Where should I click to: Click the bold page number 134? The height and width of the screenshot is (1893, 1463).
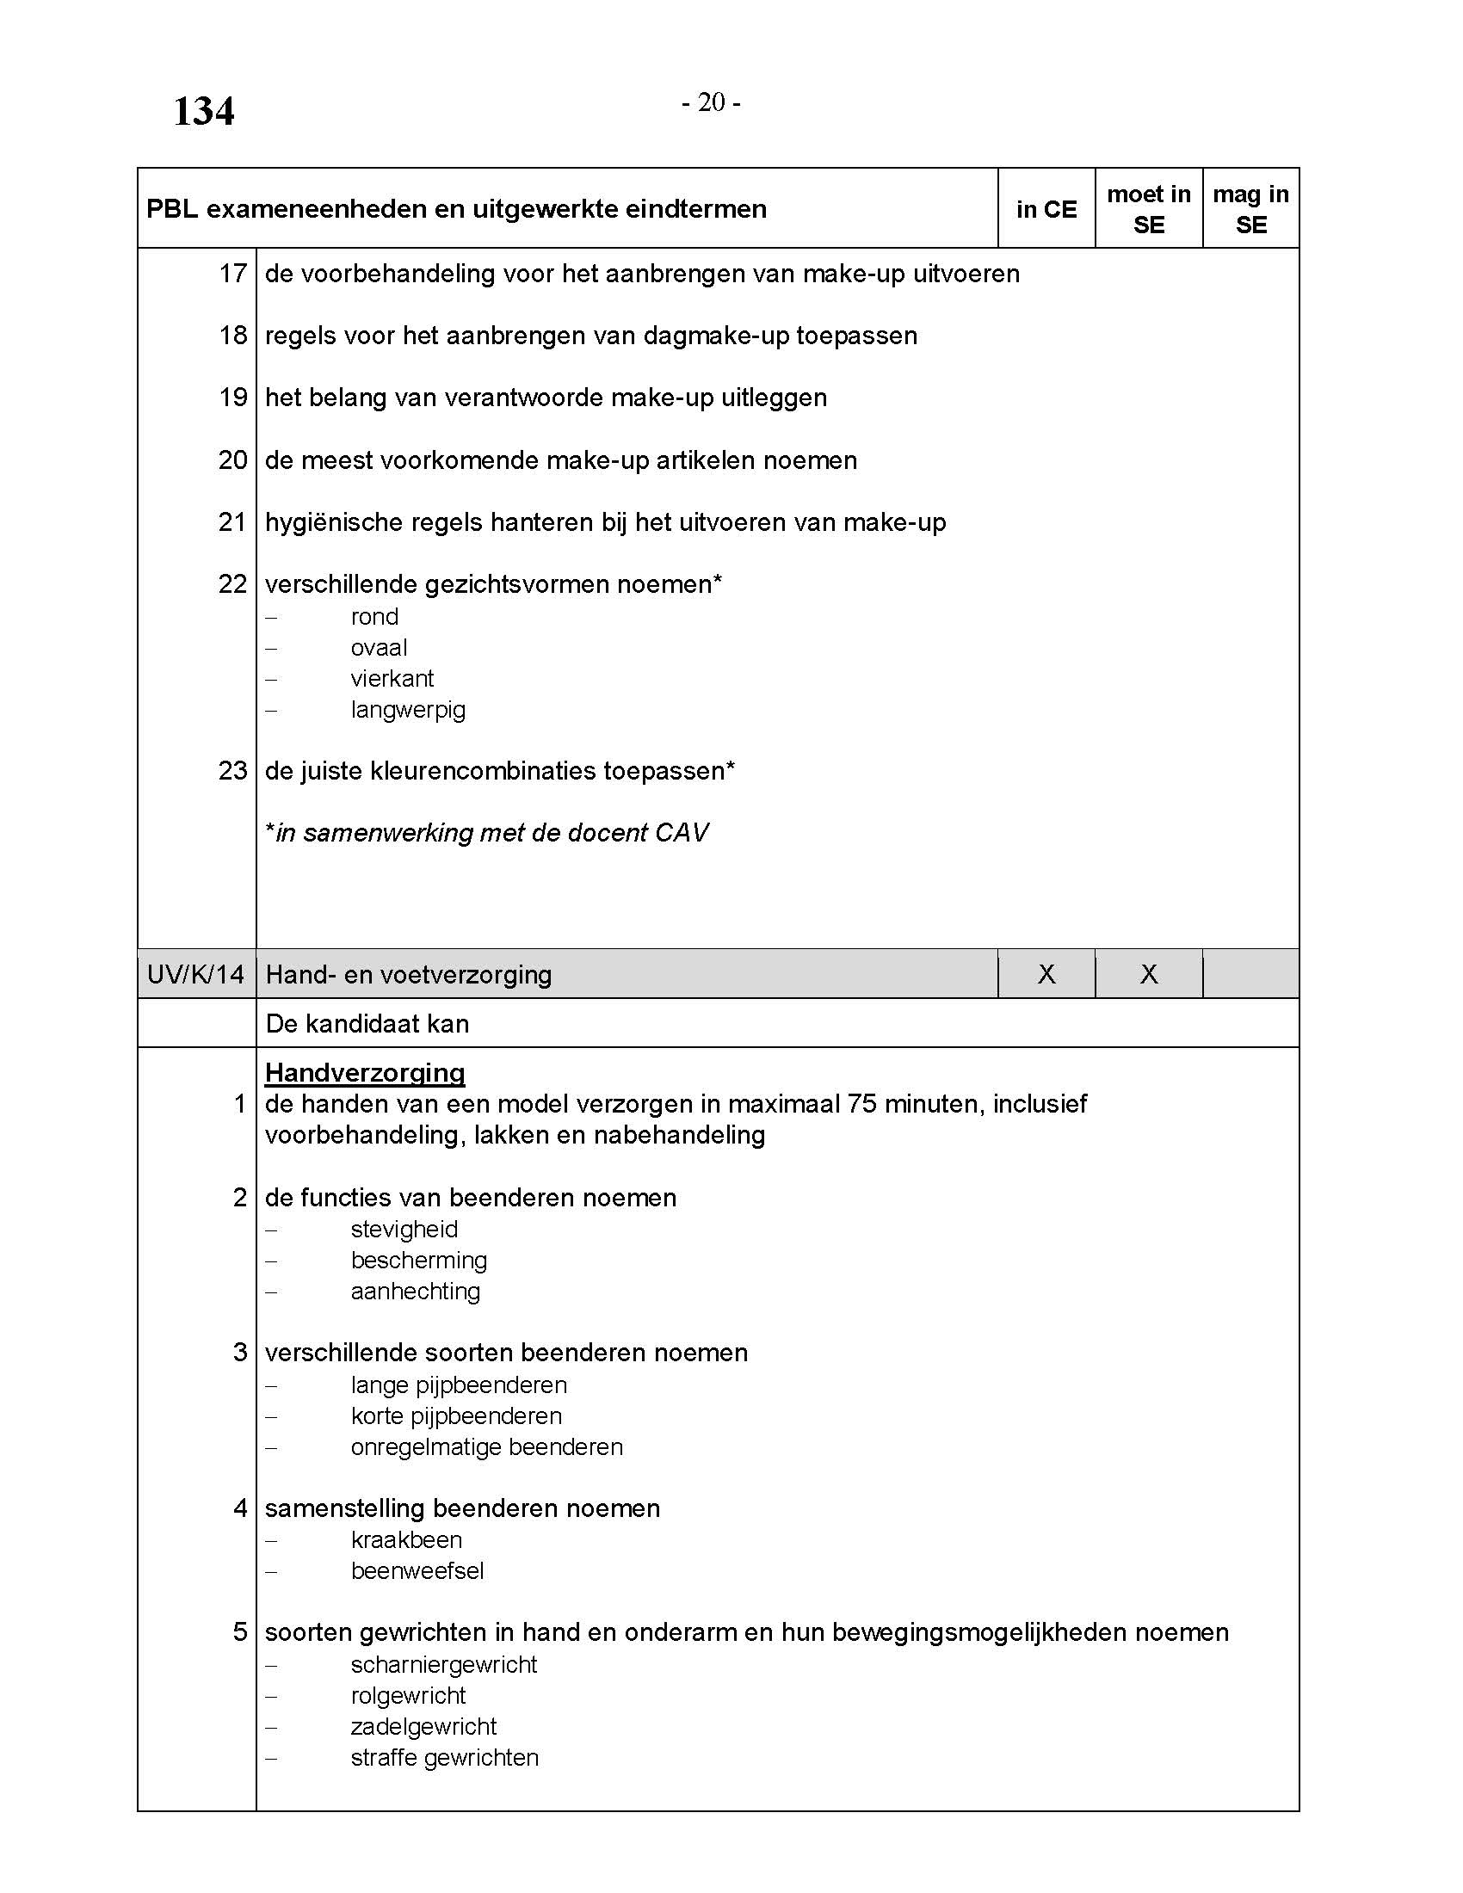[204, 112]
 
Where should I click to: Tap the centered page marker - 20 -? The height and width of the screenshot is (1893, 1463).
[711, 103]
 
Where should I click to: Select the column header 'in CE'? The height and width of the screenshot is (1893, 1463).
[1046, 209]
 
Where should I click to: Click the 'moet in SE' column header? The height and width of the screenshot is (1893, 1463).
[1148, 209]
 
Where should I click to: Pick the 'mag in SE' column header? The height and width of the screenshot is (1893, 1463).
[1250, 209]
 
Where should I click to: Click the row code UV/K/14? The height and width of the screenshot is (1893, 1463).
[196, 974]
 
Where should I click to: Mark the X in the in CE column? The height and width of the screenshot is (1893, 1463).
[1046, 974]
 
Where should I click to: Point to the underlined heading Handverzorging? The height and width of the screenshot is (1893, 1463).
[365, 1072]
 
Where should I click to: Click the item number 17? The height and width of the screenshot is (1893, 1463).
[232, 274]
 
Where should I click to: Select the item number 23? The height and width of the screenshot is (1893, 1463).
[232, 771]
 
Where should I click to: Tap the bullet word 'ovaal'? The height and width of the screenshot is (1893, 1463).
[379, 647]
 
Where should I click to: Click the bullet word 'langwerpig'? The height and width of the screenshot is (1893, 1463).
[408, 710]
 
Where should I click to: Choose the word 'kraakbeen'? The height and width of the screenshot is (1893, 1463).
[406, 1539]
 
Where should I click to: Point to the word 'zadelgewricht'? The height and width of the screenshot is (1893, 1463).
[423, 1726]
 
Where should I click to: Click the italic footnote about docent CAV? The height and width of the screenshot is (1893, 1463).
[487, 833]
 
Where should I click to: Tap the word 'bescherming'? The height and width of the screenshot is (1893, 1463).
[418, 1260]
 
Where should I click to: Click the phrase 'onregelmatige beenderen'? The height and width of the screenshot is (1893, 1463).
[487, 1446]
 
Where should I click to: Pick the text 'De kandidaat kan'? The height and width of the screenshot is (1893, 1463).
[367, 1024]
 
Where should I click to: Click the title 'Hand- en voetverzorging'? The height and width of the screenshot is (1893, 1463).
[409, 974]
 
